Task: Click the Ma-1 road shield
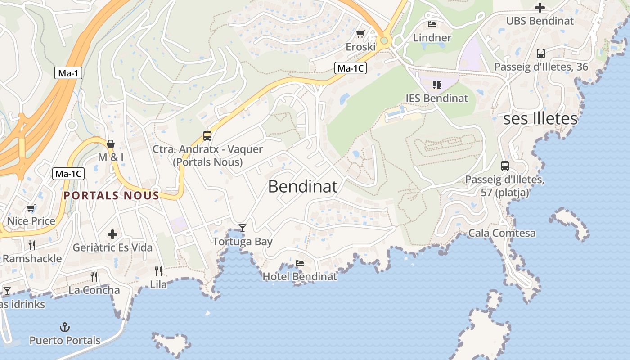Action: (68, 73)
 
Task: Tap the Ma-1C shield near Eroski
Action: (350, 68)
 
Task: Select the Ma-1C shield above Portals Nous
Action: (68, 174)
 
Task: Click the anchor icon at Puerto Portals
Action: (65, 327)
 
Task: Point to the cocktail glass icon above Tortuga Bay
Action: (243, 228)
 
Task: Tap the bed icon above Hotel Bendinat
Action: (300, 263)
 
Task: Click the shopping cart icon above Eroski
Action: (360, 34)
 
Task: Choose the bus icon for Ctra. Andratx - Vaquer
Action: (207, 135)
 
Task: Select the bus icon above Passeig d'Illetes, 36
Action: (541, 54)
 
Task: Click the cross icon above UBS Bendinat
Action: (540, 7)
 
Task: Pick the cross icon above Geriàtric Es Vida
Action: (112, 234)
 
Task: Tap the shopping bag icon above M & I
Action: (111, 144)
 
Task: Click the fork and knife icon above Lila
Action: (158, 271)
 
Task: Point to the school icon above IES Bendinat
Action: (436, 85)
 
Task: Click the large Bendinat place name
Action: (302, 186)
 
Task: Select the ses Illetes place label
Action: (540, 119)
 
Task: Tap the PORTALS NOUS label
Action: (112, 196)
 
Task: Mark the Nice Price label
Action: (31, 221)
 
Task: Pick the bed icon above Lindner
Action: (432, 24)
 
